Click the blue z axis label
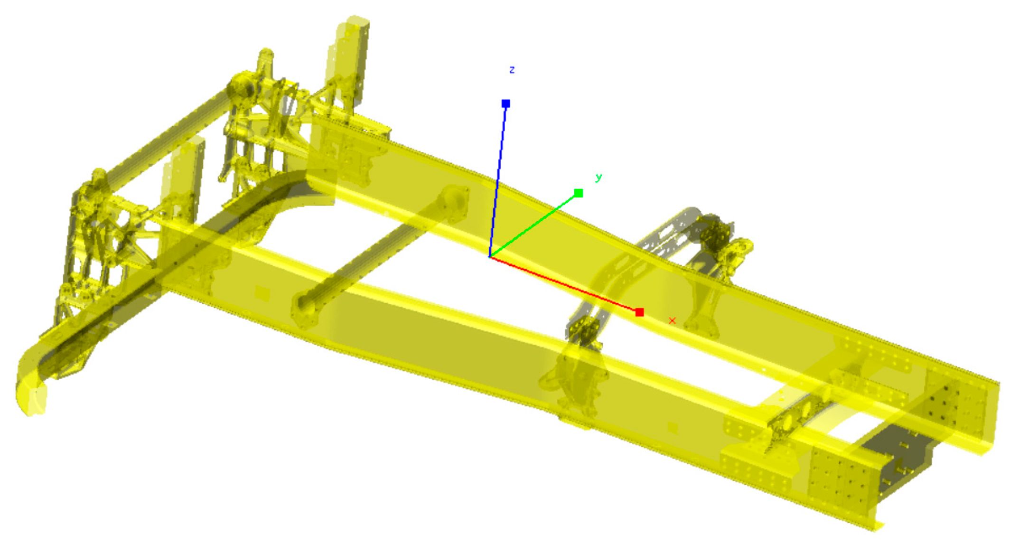(512, 70)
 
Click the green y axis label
(599, 177)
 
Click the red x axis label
(672, 321)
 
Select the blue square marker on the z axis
(506, 103)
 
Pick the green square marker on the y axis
(579, 193)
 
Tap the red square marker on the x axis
(640, 312)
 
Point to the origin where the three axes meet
(489, 257)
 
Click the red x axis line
(565, 285)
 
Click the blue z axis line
(498, 180)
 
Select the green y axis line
(534, 225)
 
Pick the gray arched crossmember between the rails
(664, 237)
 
